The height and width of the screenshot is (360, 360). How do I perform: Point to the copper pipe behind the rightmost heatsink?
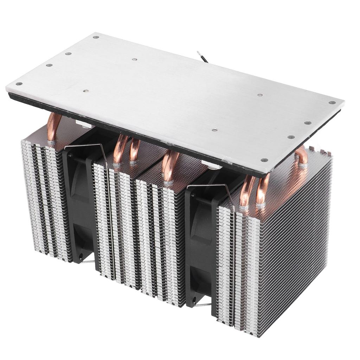(302, 156)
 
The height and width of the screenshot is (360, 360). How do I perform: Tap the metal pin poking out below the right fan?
(204, 304)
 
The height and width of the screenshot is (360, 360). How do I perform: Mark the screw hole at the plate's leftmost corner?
(19, 84)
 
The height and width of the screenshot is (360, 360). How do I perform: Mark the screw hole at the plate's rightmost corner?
(332, 103)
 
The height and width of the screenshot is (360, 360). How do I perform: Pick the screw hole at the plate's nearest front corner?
(264, 160)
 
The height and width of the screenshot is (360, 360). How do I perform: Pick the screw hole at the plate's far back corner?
(96, 37)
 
